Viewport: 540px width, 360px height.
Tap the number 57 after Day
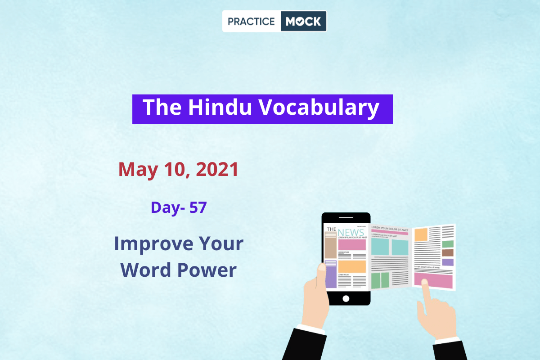(198, 207)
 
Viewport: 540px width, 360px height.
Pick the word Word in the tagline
(145, 270)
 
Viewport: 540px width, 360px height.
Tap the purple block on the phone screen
(331, 274)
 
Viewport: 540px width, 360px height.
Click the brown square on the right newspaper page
(448, 253)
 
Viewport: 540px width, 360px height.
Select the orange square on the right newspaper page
(421, 234)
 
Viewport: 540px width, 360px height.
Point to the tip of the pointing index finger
(424, 282)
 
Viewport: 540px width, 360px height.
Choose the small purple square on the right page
(448, 262)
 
